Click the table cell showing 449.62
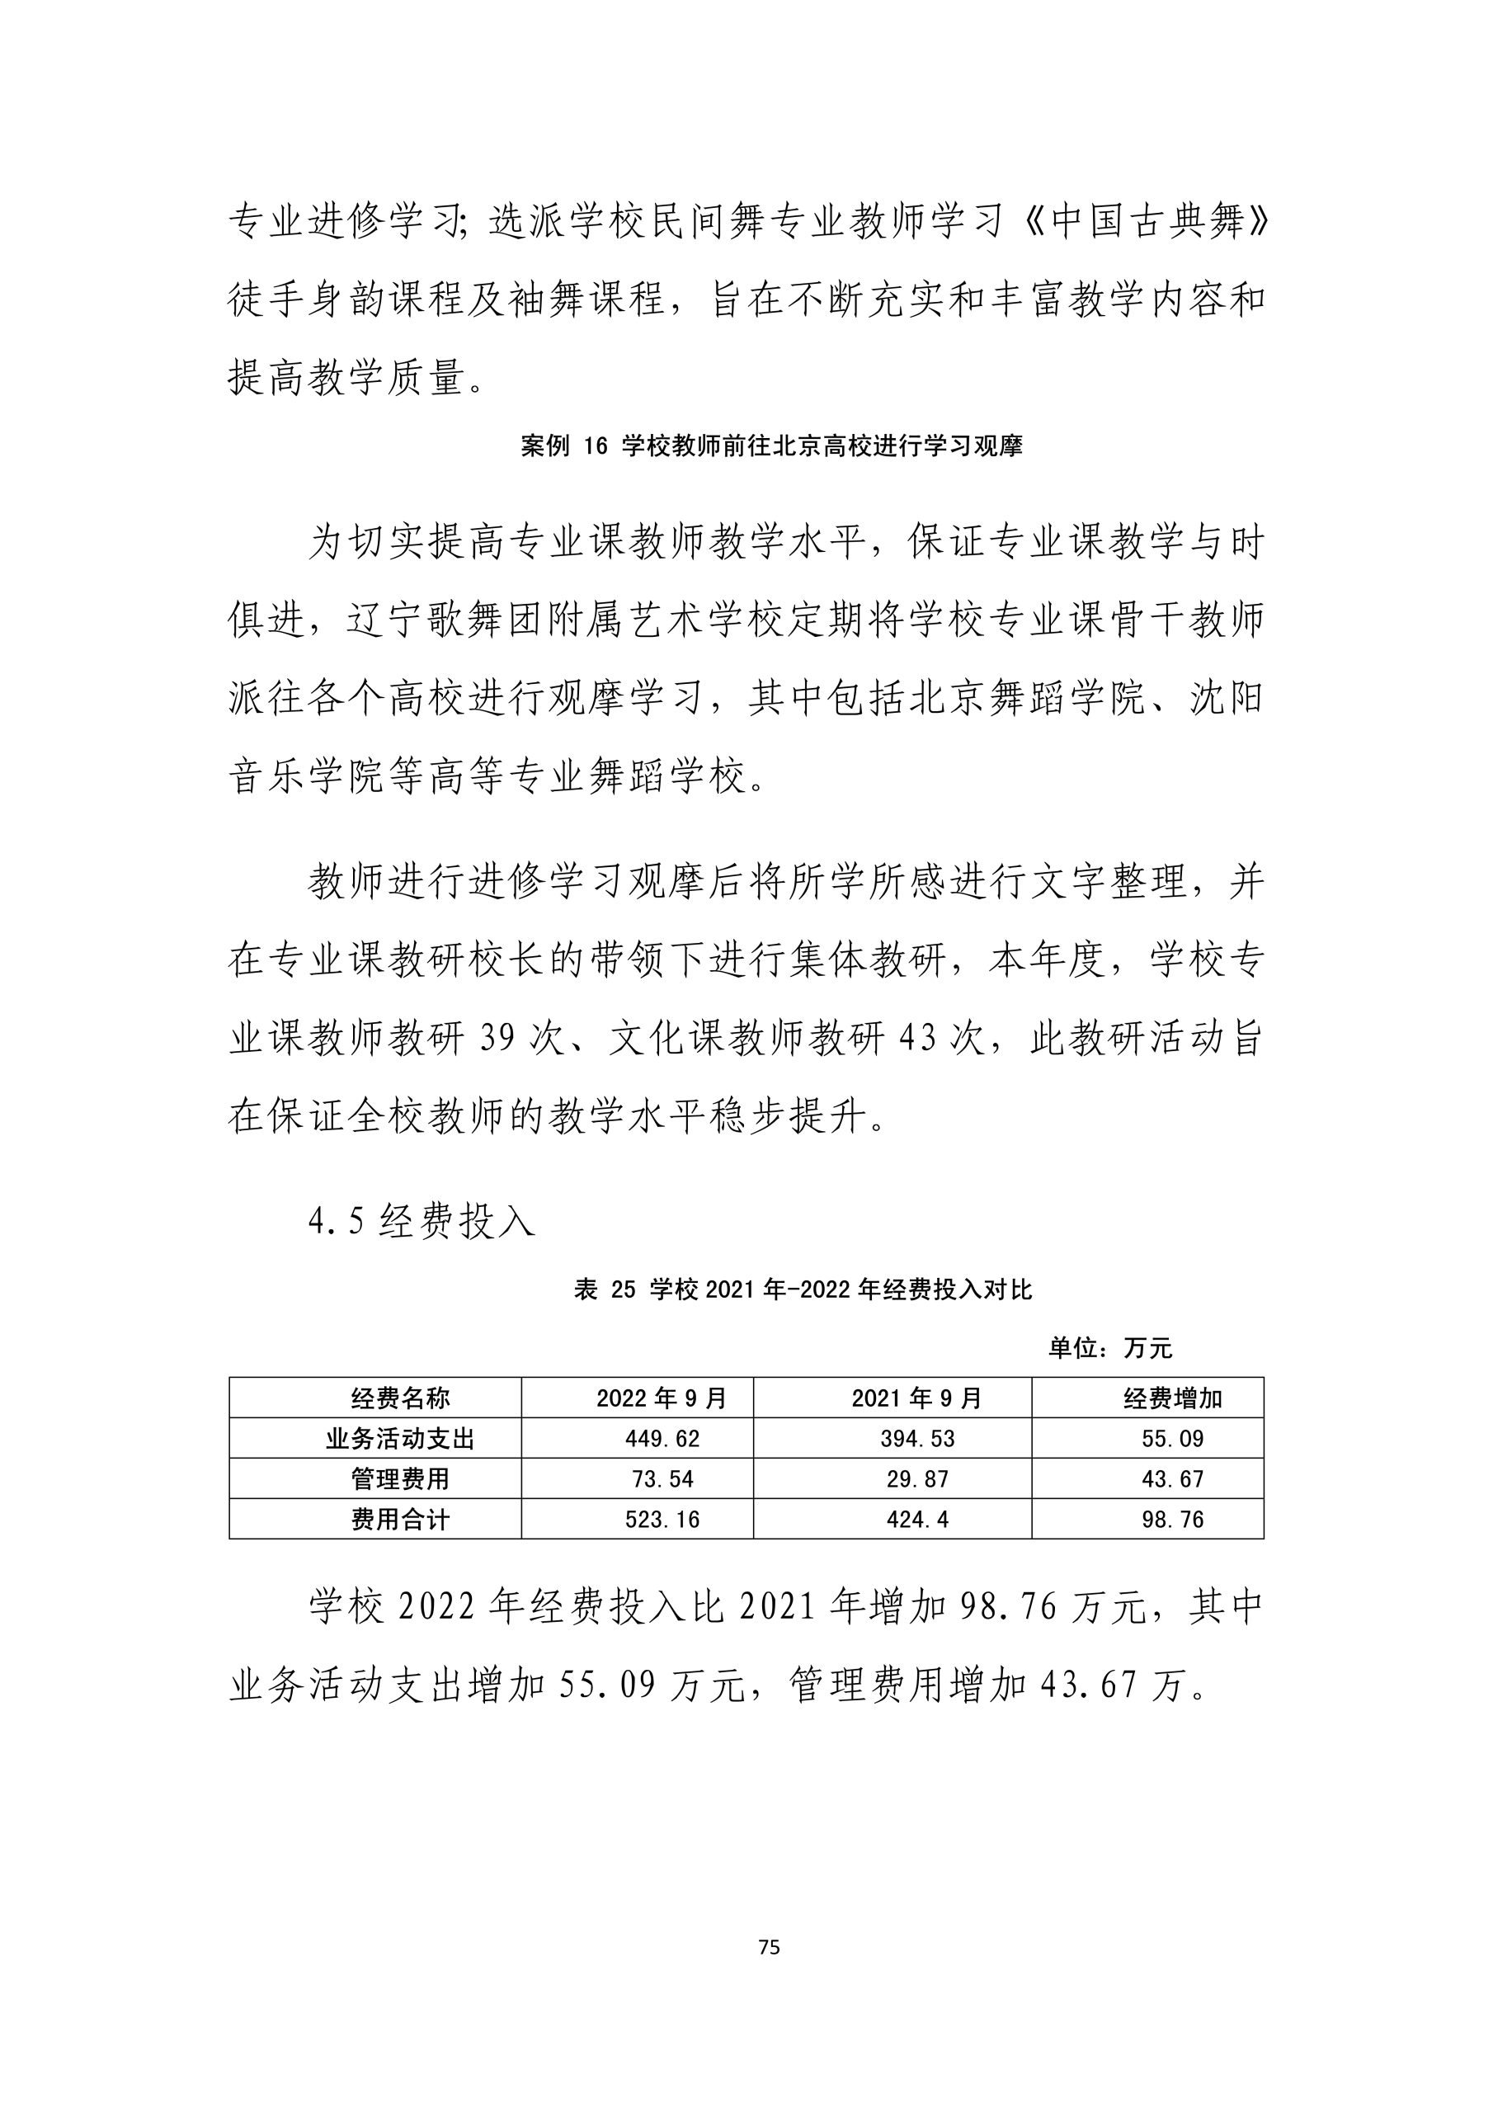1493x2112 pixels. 662,1439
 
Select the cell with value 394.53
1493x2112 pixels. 917,1439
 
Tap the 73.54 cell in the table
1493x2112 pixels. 662,1479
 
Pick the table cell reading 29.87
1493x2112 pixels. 917,1479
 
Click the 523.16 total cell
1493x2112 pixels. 662,1520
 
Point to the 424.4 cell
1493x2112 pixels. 917,1520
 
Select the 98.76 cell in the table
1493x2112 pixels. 1173,1520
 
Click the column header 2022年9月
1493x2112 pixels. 662,1398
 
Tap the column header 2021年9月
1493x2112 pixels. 917,1398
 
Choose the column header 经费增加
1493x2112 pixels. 1173,1398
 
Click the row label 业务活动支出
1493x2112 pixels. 400,1439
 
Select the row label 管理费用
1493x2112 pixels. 400,1479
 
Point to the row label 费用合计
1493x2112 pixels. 400,1520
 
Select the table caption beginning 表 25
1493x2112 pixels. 803,1289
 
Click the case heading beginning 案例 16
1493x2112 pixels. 771,446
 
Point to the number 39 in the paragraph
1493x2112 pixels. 501,1039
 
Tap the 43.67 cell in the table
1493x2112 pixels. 1173,1479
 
